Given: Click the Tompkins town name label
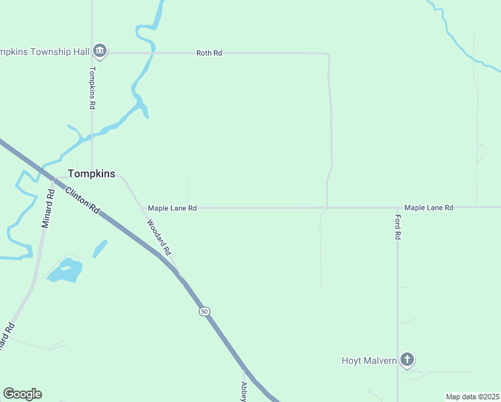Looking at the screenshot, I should pyautogui.click(x=91, y=174).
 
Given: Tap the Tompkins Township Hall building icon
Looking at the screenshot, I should pyautogui.click(x=100, y=50).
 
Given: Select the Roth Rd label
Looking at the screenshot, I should pyautogui.click(x=209, y=53).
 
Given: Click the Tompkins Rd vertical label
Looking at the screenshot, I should pyautogui.click(x=93, y=88).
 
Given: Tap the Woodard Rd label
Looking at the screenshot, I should pyautogui.click(x=159, y=238).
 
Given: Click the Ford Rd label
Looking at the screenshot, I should pyautogui.click(x=397, y=227).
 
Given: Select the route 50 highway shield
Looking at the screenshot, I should pyautogui.click(x=204, y=312).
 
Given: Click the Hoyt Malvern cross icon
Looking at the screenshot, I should pyautogui.click(x=407, y=360).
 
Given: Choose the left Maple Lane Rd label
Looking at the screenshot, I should pyautogui.click(x=172, y=208).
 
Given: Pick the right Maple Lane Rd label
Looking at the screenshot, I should pyautogui.click(x=429, y=208).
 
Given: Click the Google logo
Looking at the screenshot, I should pyautogui.click(x=22, y=394).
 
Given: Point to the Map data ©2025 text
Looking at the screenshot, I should pyautogui.click(x=472, y=397).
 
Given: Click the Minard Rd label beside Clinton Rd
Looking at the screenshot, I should pyautogui.click(x=47, y=209).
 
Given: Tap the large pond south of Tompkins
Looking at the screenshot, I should pyautogui.click(x=66, y=271).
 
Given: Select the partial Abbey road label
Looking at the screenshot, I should pyautogui.click(x=244, y=392).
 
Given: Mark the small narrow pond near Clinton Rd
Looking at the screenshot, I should pyautogui.click(x=100, y=249).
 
